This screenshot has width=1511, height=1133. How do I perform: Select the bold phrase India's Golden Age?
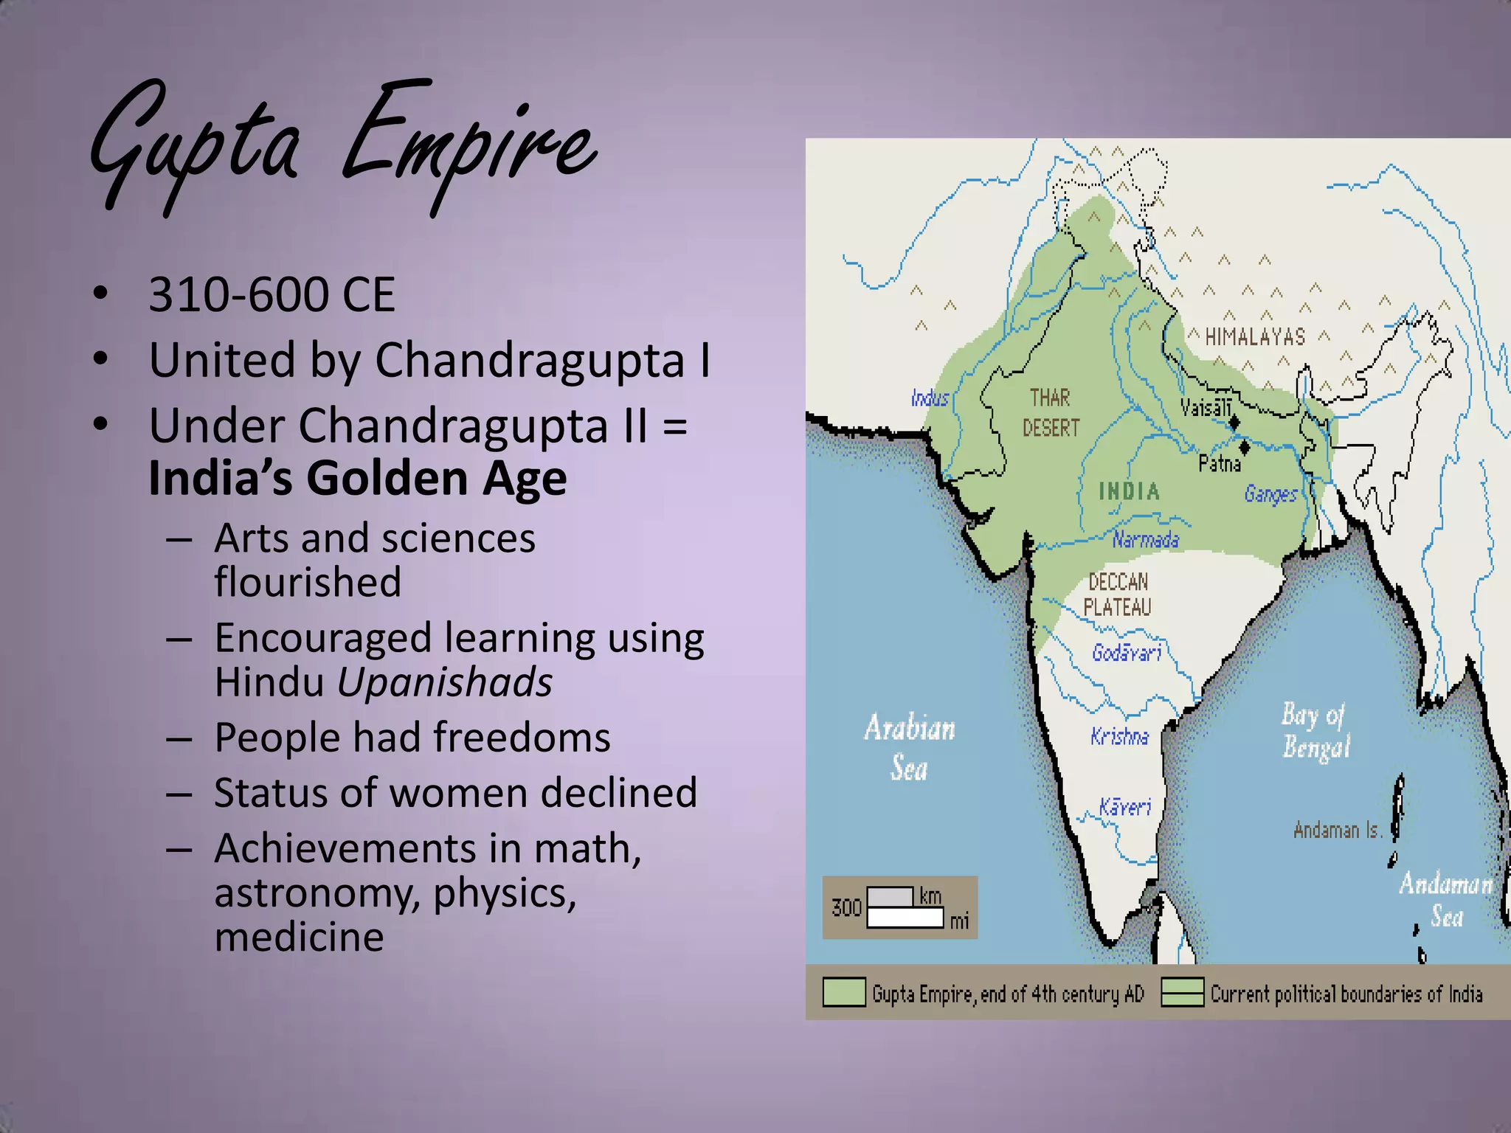click(358, 478)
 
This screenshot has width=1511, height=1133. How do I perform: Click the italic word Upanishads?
click(445, 682)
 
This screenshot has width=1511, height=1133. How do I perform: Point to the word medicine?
click(299, 938)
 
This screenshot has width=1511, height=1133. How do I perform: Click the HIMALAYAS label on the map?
click(1255, 338)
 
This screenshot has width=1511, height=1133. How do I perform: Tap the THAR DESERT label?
click(1051, 413)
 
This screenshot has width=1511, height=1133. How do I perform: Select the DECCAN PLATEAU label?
click(1118, 595)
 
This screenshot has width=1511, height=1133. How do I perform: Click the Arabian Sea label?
click(910, 747)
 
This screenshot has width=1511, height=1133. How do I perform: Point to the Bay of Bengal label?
click(1315, 730)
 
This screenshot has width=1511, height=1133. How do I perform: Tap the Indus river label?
click(930, 399)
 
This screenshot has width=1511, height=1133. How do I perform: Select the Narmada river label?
click(1146, 540)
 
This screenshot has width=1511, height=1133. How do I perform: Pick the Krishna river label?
click(1119, 736)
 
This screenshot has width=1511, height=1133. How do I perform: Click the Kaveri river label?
click(1125, 807)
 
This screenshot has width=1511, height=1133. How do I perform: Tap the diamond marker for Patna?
click(1245, 446)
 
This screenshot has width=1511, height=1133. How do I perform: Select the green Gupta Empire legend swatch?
click(844, 993)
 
